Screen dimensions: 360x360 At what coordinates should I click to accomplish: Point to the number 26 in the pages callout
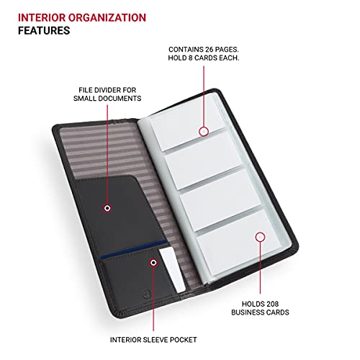[x=212, y=48]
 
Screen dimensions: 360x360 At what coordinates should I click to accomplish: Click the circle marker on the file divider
[x=107, y=208]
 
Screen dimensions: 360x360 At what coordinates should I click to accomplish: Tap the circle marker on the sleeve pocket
[x=153, y=264]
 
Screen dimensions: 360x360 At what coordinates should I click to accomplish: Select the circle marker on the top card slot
[x=204, y=131]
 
